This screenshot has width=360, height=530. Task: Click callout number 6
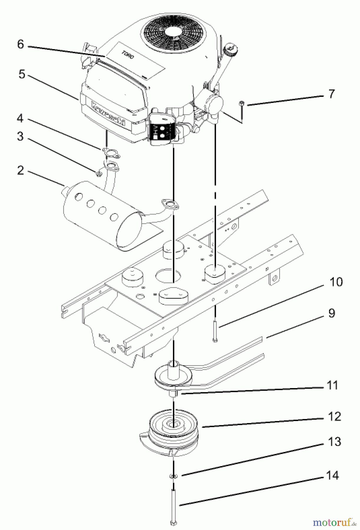(x=20, y=44)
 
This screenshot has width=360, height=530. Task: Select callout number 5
(x=22, y=74)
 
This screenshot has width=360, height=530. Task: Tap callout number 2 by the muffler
(x=20, y=170)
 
